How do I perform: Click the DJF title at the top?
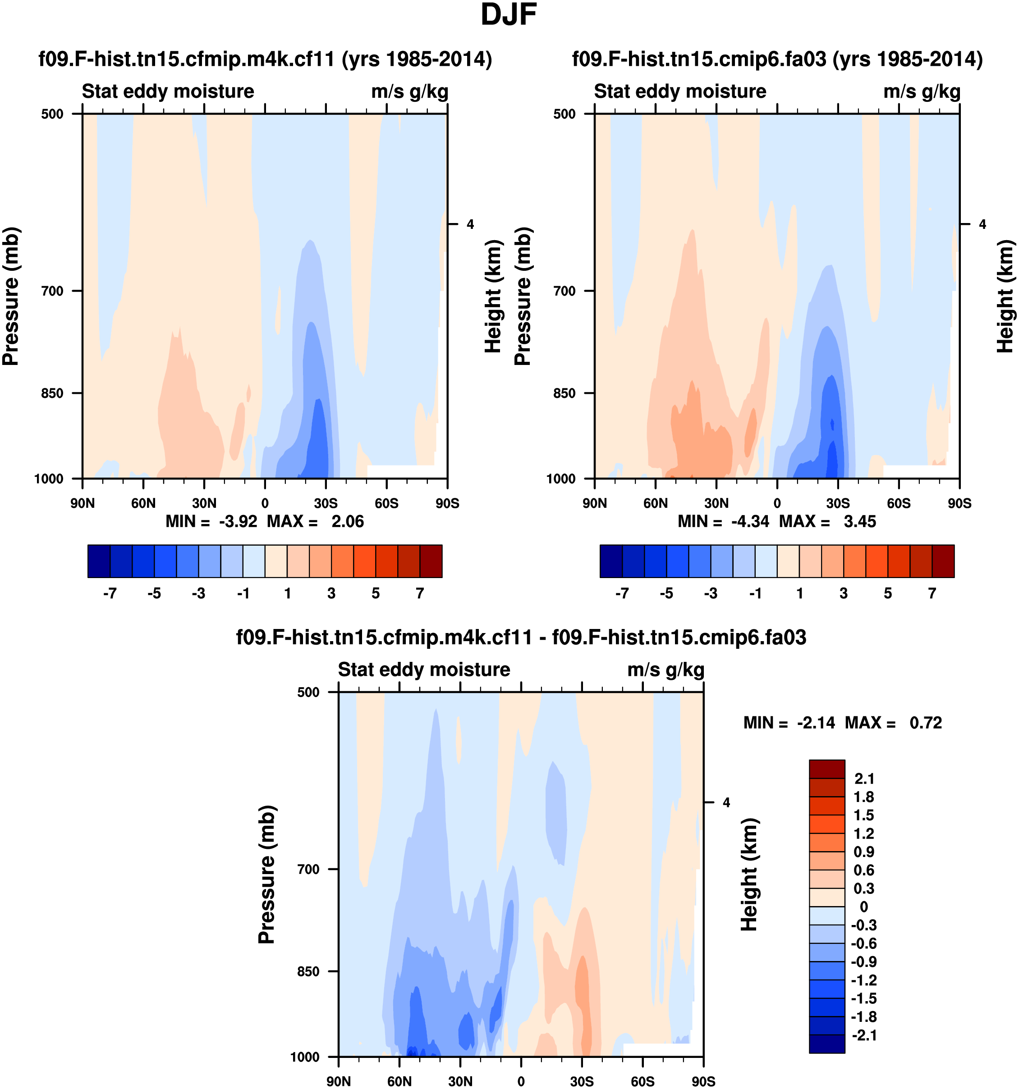point(508,15)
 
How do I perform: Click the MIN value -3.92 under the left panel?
point(238,521)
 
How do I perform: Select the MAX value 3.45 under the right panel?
point(859,521)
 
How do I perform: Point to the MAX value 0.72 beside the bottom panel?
point(925,723)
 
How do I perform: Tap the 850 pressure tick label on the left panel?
point(53,393)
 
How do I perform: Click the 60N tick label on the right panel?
point(656,503)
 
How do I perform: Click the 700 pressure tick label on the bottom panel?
point(308,869)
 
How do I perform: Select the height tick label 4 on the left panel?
point(470,224)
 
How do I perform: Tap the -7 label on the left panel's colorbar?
point(110,593)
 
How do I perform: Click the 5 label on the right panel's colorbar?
point(887,593)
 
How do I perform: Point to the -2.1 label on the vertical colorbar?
point(864,1035)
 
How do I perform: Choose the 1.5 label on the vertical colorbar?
point(864,815)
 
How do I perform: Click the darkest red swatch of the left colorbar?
point(431,561)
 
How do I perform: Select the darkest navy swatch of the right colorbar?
point(611,561)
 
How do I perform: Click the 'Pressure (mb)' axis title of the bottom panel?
point(266,875)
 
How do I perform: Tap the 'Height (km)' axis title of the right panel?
point(1004,296)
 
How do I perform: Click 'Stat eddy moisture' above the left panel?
point(168,91)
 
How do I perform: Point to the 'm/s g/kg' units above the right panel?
point(922,91)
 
